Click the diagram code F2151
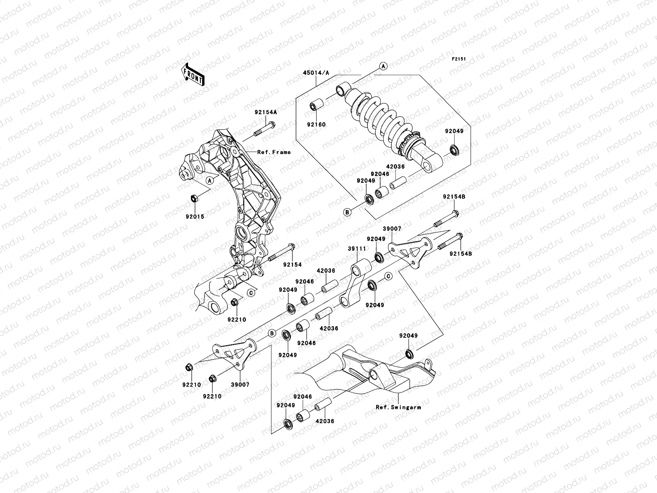(x=460, y=59)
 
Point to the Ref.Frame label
(x=274, y=152)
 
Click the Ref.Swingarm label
(x=398, y=408)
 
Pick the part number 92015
(x=196, y=216)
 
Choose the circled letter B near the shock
(x=347, y=212)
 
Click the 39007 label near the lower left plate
(x=241, y=385)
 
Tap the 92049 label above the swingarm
(x=409, y=336)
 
